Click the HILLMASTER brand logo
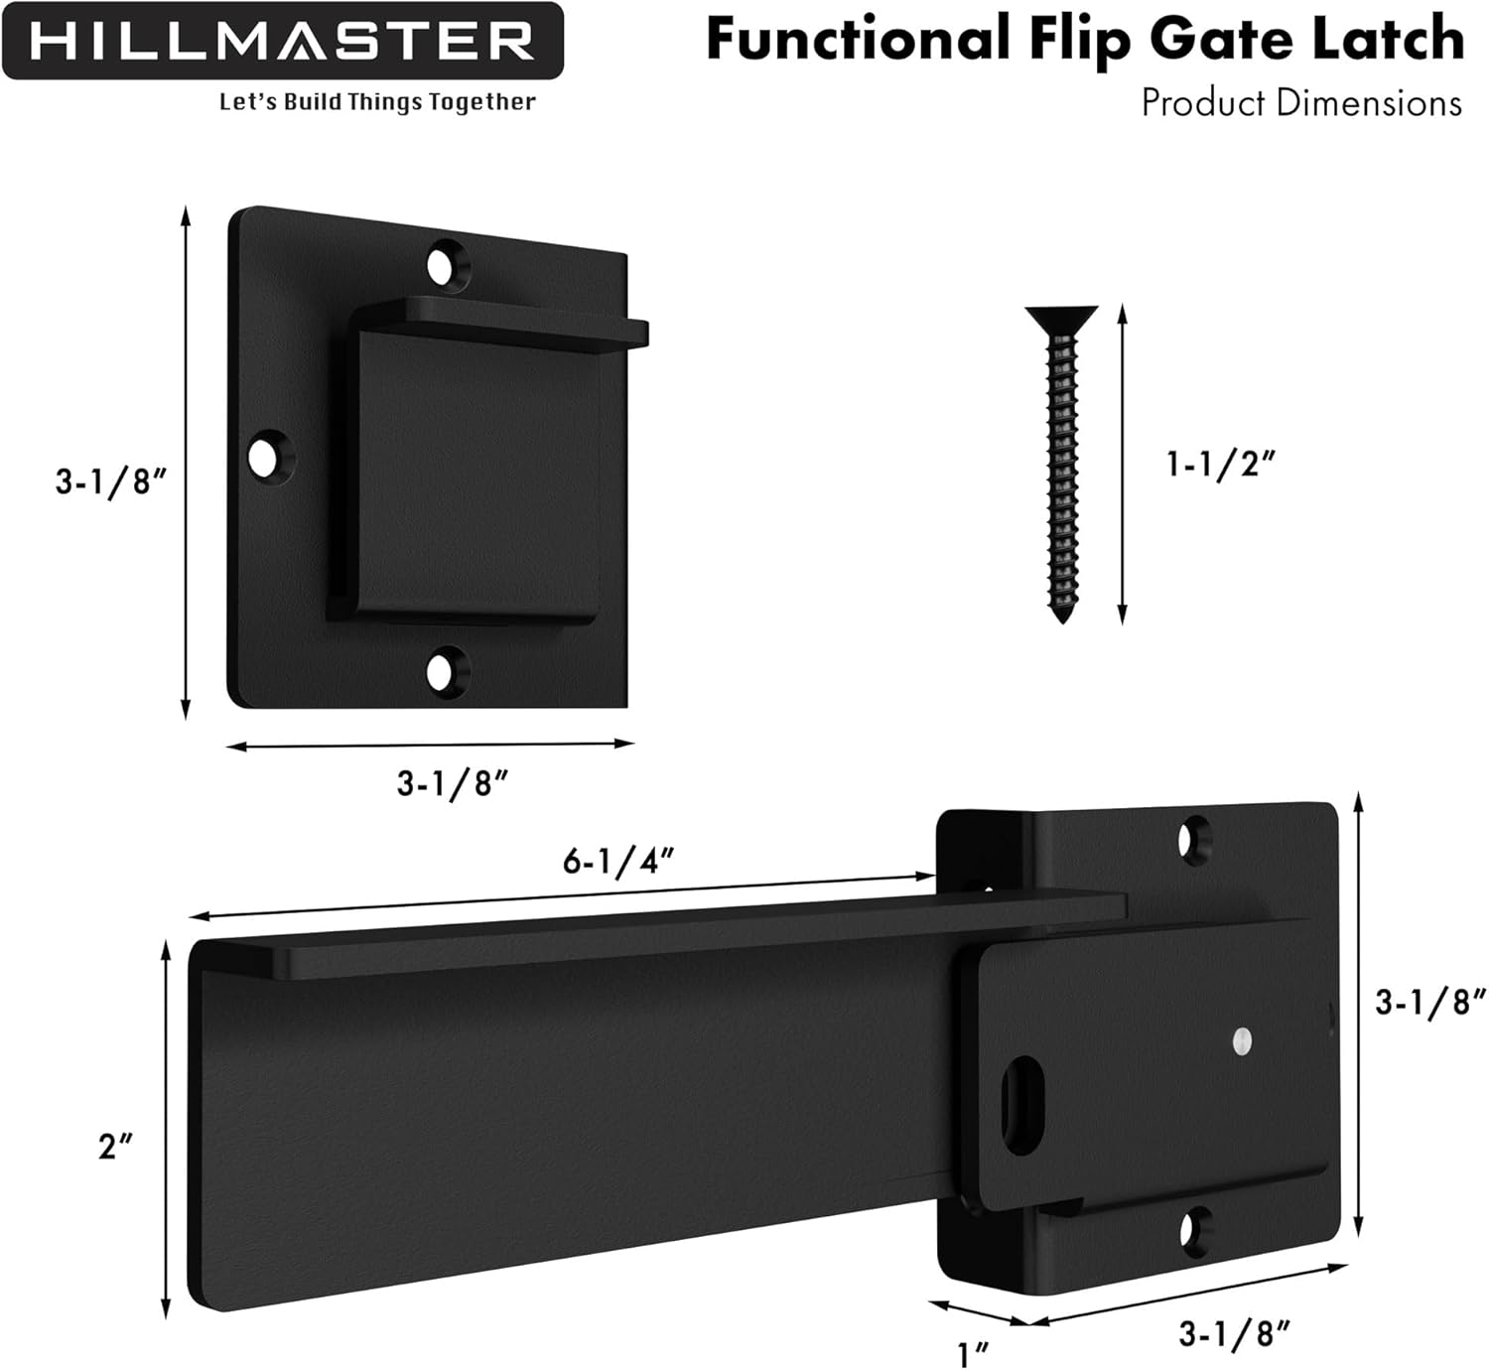coord(283,42)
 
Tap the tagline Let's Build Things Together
coord(377,102)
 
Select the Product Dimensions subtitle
coord(1301,103)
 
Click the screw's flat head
coord(1061,317)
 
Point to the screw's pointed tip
coord(1063,616)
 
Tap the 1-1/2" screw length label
coord(1219,463)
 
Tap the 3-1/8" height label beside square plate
coord(109,481)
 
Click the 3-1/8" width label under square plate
coord(453,783)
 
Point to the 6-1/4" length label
coord(618,861)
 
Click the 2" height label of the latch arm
coord(115,1147)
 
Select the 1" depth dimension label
coord(973,1353)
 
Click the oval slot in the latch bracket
coord(1021,1105)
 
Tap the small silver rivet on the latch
coord(1241,1040)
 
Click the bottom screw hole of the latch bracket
coord(1194,1231)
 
